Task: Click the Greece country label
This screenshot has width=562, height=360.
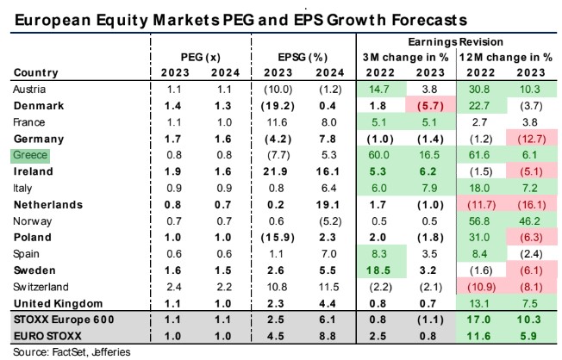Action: tap(32, 155)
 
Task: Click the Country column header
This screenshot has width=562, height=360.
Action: tap(35, 72)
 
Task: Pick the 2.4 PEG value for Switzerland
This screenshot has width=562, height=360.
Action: tap(175, 287)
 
